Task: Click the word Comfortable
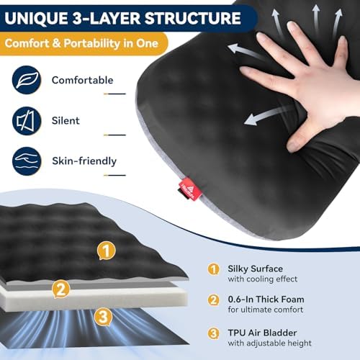(81, 80)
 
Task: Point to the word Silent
(66, 121)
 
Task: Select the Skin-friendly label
(82, 161)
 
